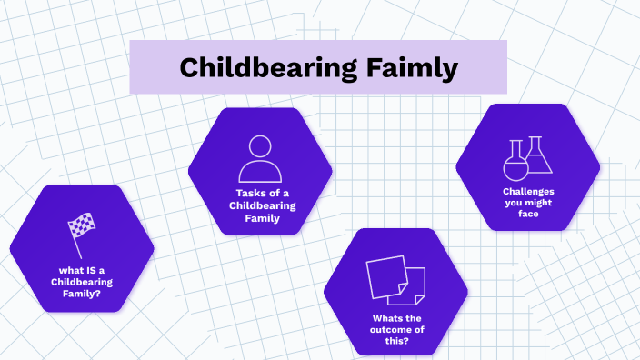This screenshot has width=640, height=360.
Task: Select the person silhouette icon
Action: point(260,159)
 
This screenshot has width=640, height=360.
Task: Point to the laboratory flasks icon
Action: point(528,157)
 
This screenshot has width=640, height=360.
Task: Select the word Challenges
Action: point(528,191)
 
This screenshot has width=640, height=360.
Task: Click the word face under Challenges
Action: point(528,215)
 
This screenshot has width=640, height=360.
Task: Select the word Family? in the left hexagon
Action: point(81,294)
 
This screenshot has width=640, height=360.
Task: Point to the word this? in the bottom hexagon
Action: point(395,339)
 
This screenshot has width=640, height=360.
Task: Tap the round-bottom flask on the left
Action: point(515,162)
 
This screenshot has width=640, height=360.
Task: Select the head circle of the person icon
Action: point(260,146)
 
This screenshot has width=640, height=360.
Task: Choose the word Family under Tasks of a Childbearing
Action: point(262,217)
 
